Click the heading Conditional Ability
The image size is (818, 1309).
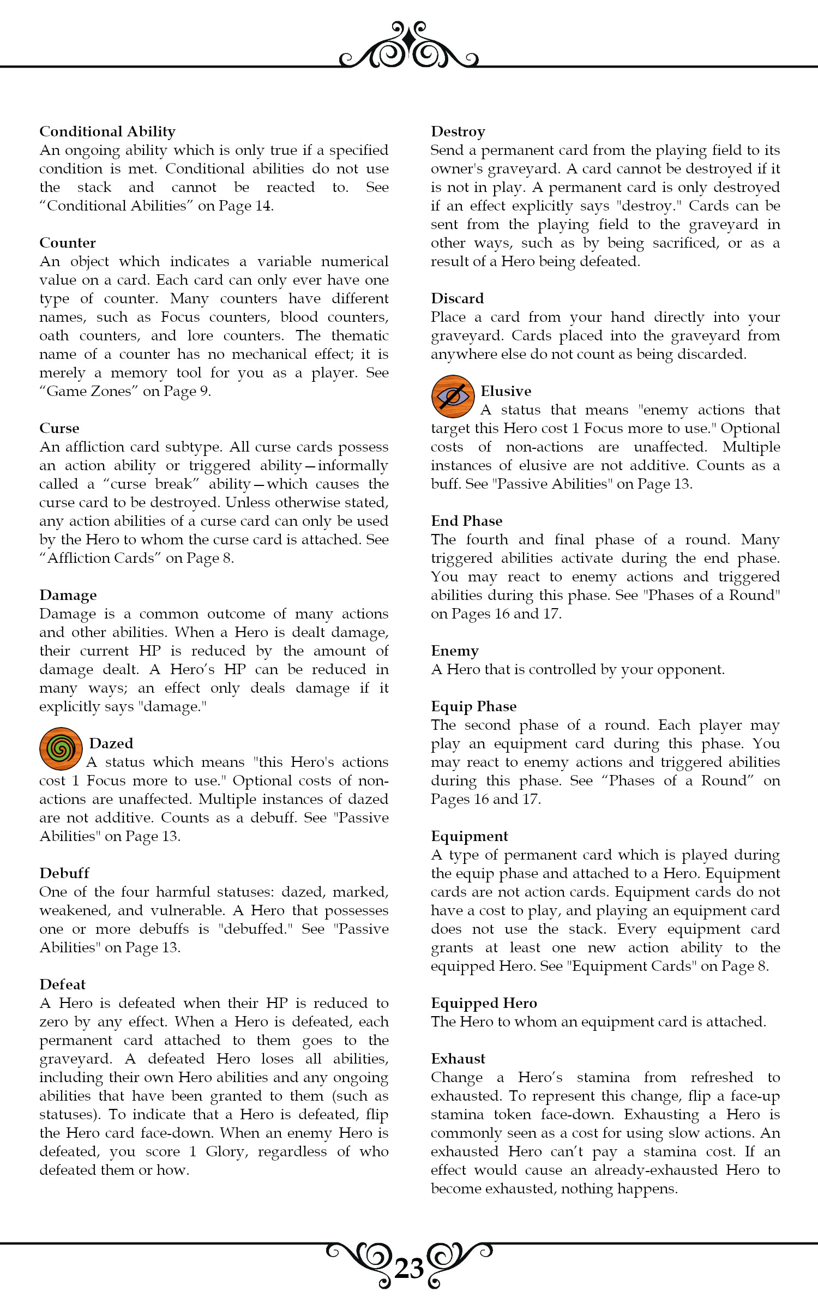click(x=107, y=131)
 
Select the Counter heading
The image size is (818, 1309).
click(x=68, y=243)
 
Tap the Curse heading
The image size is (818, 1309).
click(x=59, y=428)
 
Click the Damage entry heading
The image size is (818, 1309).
click(x=68, y=595)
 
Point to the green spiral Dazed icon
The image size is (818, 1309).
click(x=61, y=749)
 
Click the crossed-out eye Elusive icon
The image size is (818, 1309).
click(x=453, y=397)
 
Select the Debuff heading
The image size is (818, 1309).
click(x=64, y=873)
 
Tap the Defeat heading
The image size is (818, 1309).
click(x=63, y=984)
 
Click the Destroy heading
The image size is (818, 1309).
click(x=458, y=131)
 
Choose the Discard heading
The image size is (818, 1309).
click(x=458, y=298)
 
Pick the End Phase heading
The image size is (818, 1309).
click(x=467, y=521)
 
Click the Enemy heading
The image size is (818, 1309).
click(x=455, y=651)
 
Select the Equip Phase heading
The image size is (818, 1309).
click(x=474, y=706)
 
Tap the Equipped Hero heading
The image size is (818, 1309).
click(x=484, y=1003)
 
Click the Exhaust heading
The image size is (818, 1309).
click(x=458, y=1059)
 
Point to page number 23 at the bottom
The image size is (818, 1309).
click(x=409, y=1269)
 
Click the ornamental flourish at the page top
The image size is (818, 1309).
click(x=409, y=46)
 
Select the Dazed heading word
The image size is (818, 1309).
click(x=111, y=743)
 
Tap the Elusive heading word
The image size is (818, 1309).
click(x=506, y=391)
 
